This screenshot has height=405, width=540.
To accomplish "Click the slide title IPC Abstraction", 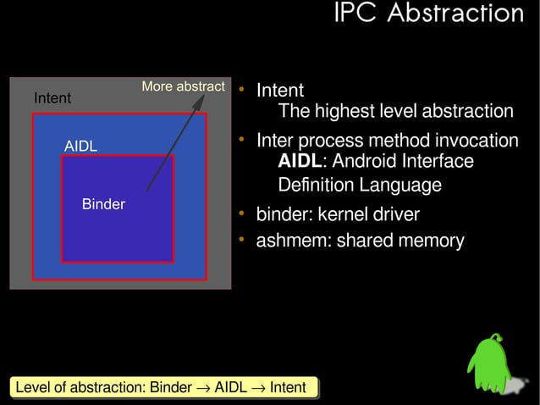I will [x=428, y=14].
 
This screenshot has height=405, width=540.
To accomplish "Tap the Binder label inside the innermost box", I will [x=103, y=204].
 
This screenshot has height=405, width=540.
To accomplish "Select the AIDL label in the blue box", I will [x=81, y=147].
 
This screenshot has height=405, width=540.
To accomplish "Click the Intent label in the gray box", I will [x=52, y=99].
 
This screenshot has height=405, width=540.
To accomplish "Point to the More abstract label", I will [x=183, y=86].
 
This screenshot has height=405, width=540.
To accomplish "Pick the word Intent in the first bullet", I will [x=280, y=90].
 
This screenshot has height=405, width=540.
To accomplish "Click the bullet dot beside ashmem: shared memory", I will [x=241, y=240].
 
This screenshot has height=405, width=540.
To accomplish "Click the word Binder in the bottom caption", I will [x=170, y=388].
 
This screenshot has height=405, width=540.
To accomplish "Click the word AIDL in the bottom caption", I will [x=230, y=388].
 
